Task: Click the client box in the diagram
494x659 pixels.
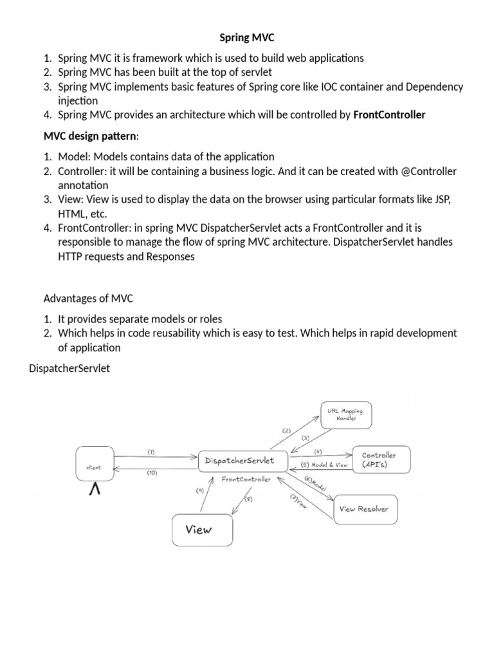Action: click(x=98, y=468)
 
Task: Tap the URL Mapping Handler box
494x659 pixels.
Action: click(x=345, y=414)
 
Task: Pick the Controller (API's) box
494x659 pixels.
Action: click(x=378, y=459)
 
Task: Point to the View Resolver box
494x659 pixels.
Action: click(x=363, y=509)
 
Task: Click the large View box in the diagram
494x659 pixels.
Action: click(x=201, y=531)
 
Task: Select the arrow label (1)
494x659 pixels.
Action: click(x=151, y=451)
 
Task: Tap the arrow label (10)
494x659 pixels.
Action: click(x=152, y=473)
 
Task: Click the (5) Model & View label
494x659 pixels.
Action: click(x=324, y=465)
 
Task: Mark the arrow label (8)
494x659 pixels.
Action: click(x=248, y=498)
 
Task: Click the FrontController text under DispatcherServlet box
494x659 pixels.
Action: click(x=246, y=479)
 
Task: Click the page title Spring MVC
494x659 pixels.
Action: click(x=246, y=39)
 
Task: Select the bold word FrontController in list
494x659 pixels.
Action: click(x=389, y=115)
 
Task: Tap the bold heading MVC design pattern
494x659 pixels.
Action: click(x=90, y=136)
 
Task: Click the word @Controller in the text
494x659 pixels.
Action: click(x=428, y=172)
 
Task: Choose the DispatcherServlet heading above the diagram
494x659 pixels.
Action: click(x=70, y=369)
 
